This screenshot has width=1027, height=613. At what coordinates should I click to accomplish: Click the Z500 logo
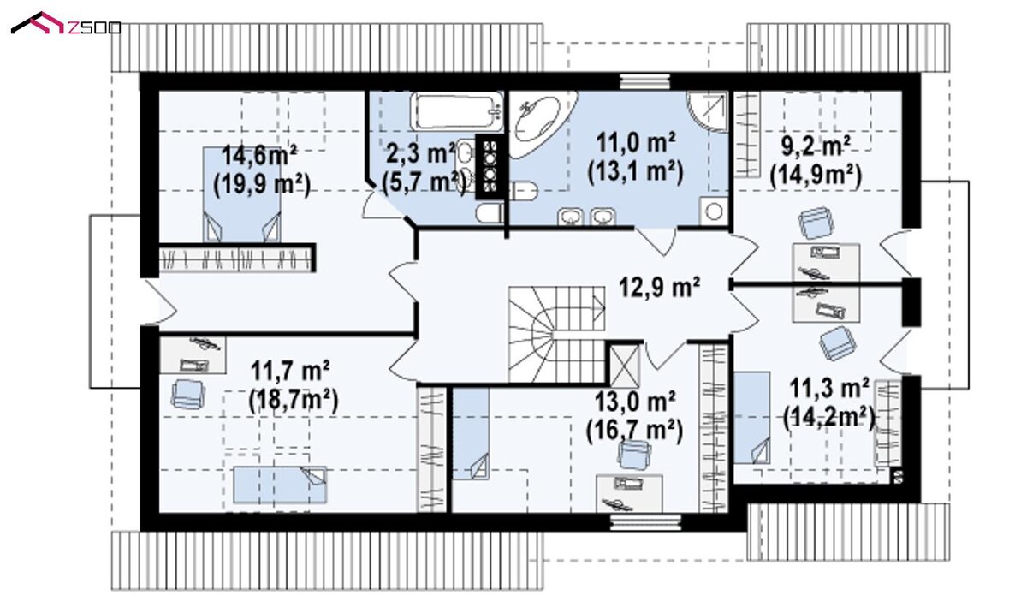tap(66, 24)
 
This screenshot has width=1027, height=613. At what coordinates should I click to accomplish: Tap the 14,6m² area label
tap(259, 156)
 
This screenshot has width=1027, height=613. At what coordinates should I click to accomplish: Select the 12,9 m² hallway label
tap(659, 287)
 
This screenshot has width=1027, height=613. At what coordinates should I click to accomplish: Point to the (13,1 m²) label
tap(635, 172)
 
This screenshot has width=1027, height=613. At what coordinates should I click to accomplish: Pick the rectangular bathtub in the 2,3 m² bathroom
tap(457, 111)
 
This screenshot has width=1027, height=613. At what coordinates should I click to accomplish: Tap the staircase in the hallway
tap(556, 334)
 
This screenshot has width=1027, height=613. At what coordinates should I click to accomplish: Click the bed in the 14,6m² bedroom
tap(241, 194)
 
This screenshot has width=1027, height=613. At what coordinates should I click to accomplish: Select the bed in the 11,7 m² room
tap(280, 485)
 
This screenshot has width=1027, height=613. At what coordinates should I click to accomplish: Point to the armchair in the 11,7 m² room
tap(188, 394)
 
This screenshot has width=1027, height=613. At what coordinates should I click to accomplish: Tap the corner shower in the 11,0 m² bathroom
tap(708, 112)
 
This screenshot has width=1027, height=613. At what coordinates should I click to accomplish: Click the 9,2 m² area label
tap(816, 147)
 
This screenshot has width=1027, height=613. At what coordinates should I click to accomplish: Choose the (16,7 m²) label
tap(634, 431)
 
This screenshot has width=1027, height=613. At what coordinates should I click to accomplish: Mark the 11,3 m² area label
tap(829, 389)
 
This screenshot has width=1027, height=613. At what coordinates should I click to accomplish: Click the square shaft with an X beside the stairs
tap(625, 366)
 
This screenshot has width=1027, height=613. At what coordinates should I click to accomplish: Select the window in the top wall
tap(644, 81)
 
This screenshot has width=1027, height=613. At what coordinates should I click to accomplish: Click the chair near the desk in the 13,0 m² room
tap(634, 455)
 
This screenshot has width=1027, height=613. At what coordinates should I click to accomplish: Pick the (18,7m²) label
tap(294, 401)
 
